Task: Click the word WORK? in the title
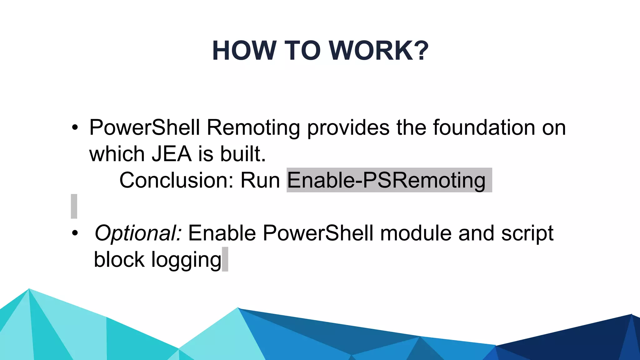click(379, 51)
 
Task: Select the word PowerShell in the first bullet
click(144, 128)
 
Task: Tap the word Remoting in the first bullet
click(253, 128)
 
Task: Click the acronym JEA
click(172, 154)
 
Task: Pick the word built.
click(243, 154)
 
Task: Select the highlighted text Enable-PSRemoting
click(386, 180)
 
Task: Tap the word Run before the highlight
click(260, 180)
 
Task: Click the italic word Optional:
click(138, 233)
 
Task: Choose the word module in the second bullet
click(416, 233)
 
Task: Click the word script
click(527, 233)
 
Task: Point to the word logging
click(186, 260)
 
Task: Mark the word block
click(119, 260)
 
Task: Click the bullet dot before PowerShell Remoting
click(74, 128)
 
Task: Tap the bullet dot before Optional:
click(74, 233)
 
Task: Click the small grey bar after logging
click(225, 259)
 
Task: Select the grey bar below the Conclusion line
click(74, 206)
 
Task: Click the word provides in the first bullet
click(348, 128)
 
